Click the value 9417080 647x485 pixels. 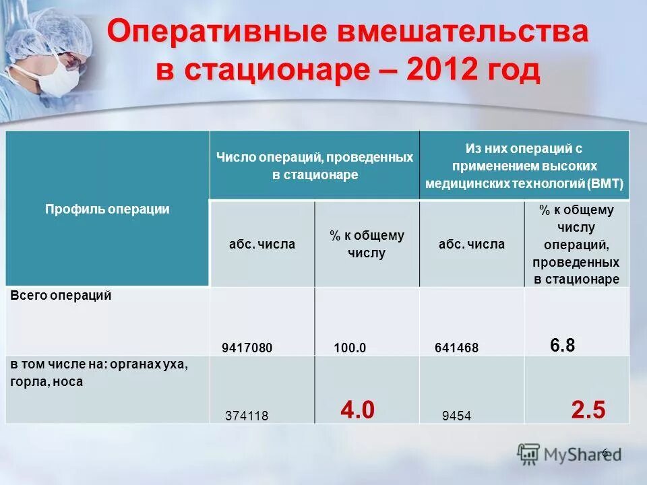pyautogui.click(x=247, y=348)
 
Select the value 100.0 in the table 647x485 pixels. pyautogui.click(x=350, y=348)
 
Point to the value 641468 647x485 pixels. pyautogui.click(x=456, y=348)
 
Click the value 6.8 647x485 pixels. pyautogui.click(x=562, y=346)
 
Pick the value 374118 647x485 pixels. pyautogui.click(x=247, y=416)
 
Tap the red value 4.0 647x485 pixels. pyautogui.click(x=357, y=410)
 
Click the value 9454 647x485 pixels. pyautogui.click(x=456, y=416)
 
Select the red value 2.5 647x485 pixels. pyautogui.click(x=588, y=410)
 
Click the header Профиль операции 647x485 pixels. pyautogui.click(x=107, y=209)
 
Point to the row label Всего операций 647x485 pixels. pyautogui.click(x=60, y=296)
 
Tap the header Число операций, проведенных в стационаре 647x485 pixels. pyautogui.click(x=314, y=166)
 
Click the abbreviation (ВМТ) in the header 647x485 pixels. pyautogui.click(x=605, y=183)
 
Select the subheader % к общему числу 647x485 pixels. pyautogui.click(x=367, y=244)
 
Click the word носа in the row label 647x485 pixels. pyautogui.click(x=68, y=381)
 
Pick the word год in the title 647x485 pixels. pyautogui.click(x=514, y=70)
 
